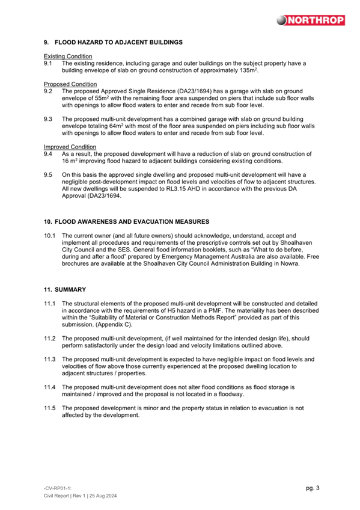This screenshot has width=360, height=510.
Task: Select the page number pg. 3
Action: click(313, 488)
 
